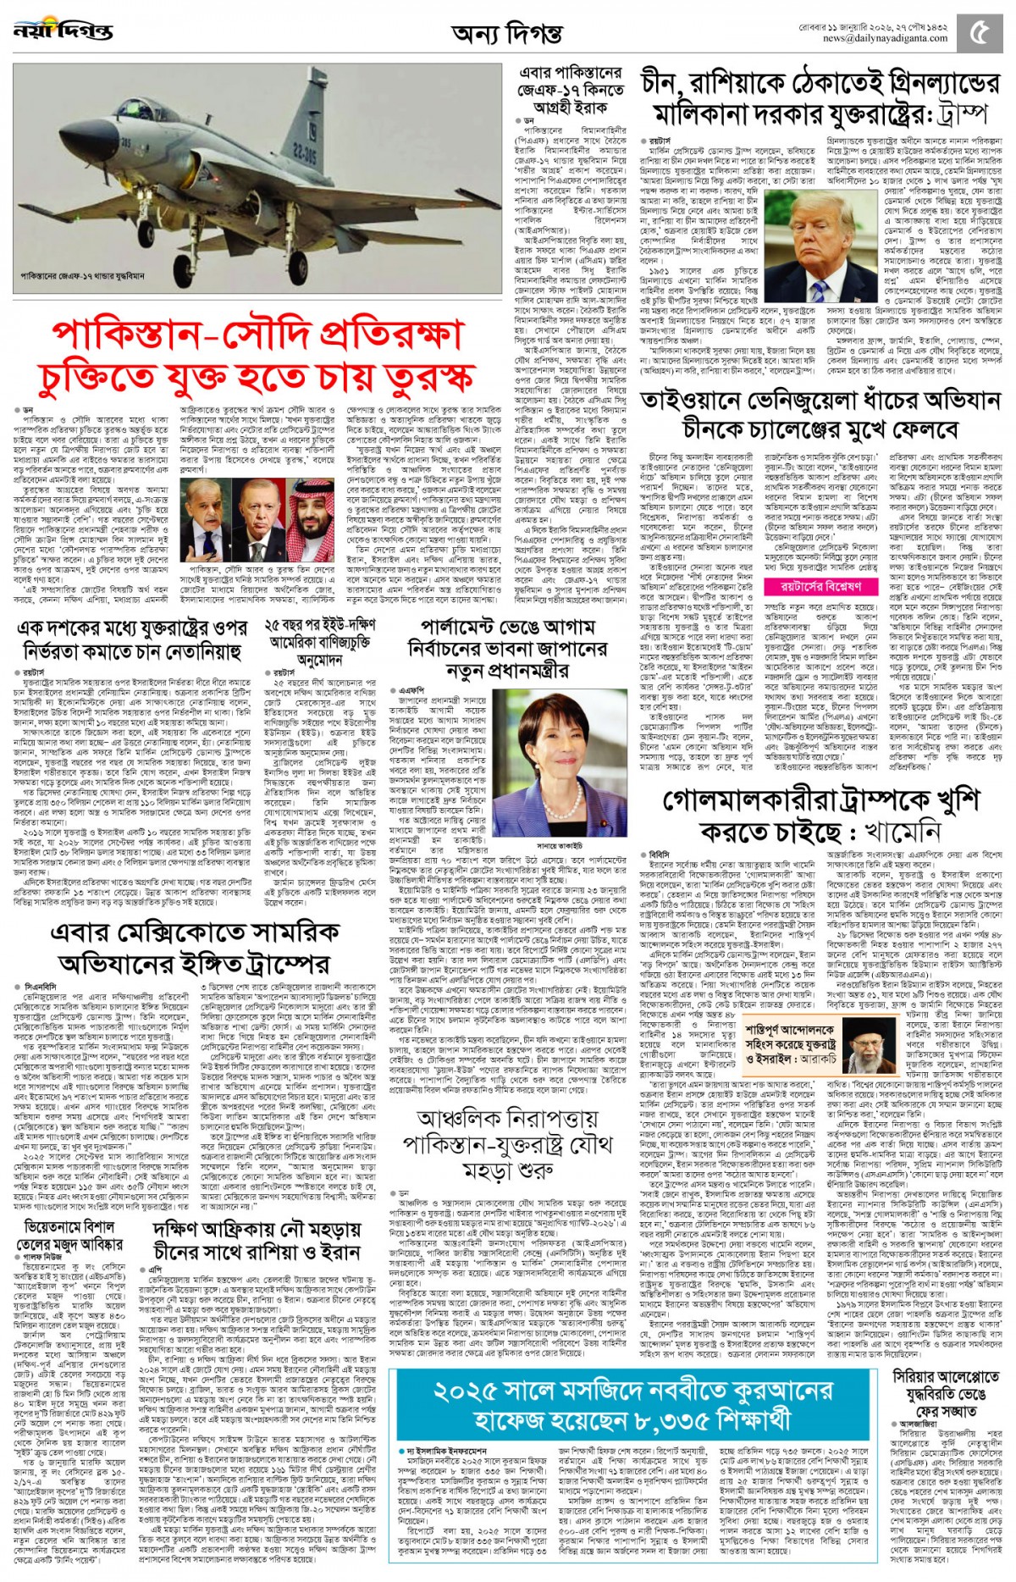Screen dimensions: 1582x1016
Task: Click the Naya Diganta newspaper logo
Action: pos(63,31)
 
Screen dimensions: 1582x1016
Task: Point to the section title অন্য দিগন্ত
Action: pos(507,35)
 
